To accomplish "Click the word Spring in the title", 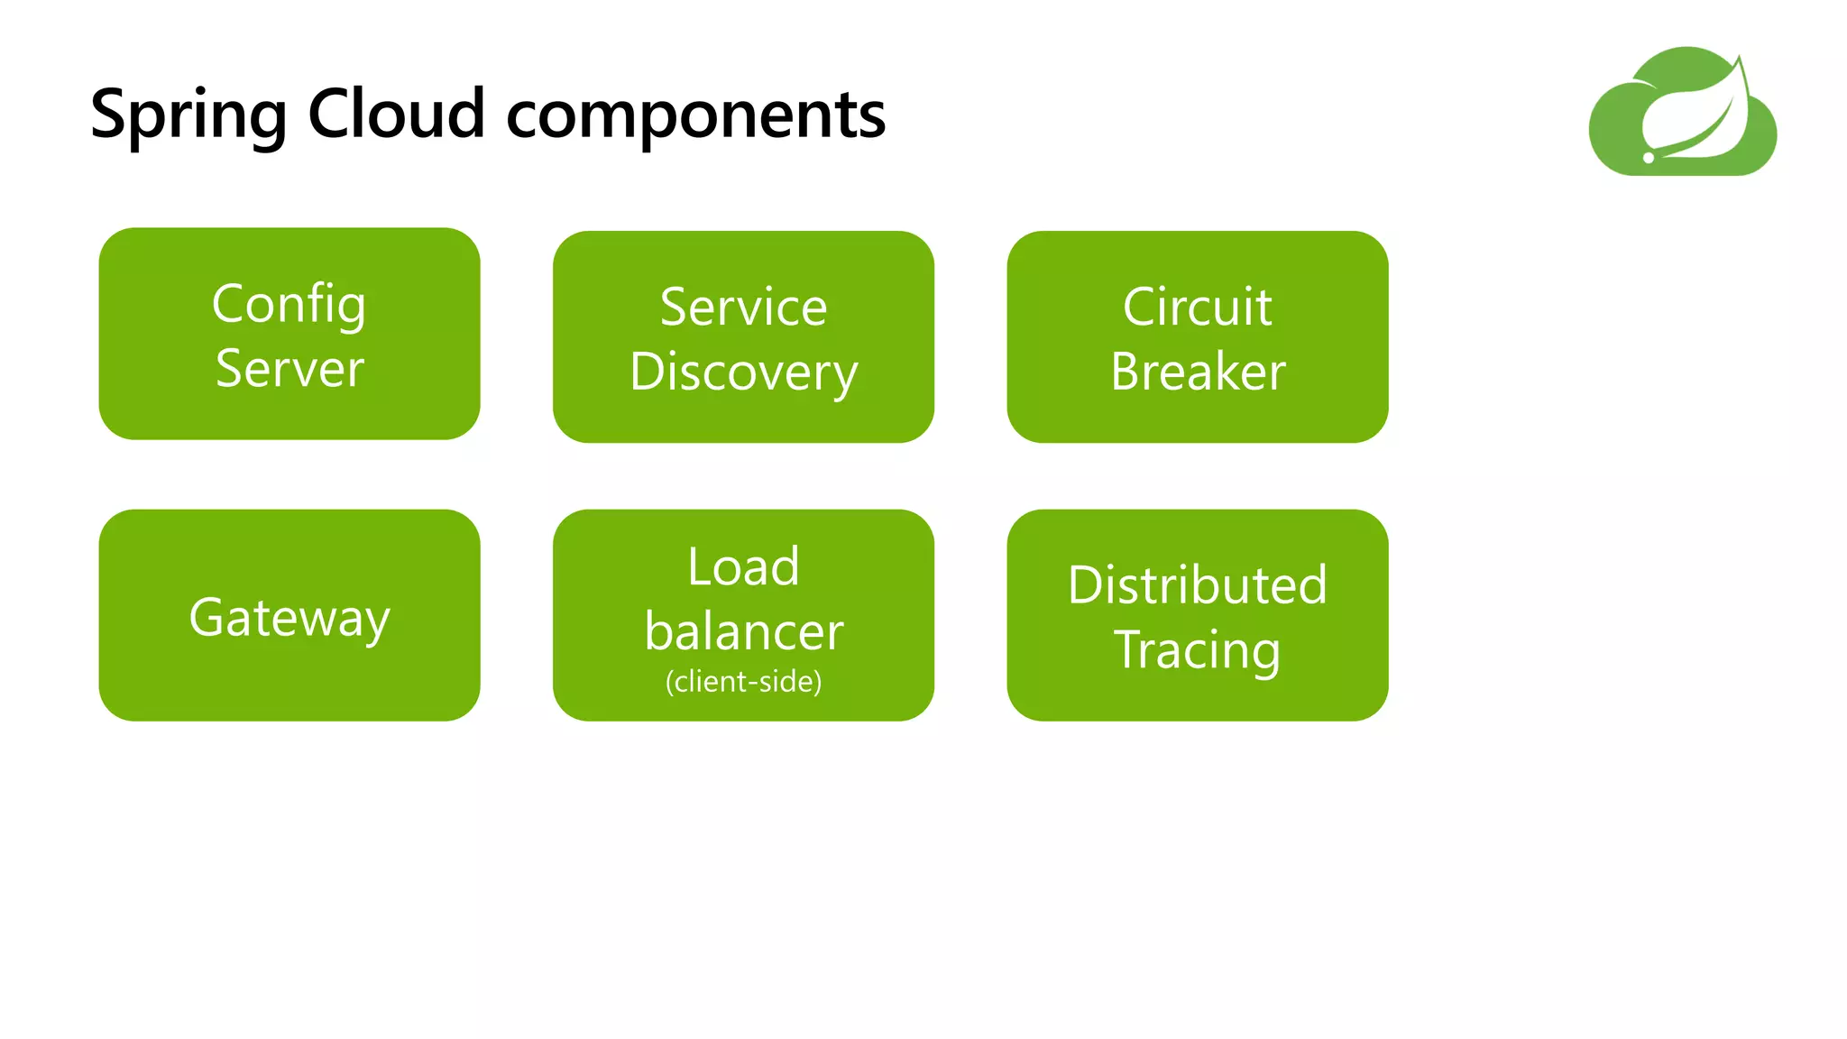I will click(x=188, y=115).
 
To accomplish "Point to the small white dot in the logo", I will click(x=1649, y=158).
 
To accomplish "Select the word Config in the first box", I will click(x=289, y=305).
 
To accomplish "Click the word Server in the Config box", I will click(x=289, y=369).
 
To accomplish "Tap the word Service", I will click(x=743, y=308).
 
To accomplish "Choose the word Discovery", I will click(x=743, y=373).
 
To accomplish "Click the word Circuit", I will click(x=1197, y=308).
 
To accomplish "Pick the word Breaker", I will click(x=1198, y=372).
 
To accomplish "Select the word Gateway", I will click(x=289, y=619).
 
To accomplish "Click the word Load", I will click(x=743, y=567).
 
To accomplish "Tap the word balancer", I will click(x=743, y=631).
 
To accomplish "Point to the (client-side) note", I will click(x=743, y=682).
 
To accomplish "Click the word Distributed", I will click(x=1197, y=585).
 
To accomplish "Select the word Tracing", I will click(x=1197, y=650).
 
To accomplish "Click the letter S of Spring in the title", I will click(x=108, y=114).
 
